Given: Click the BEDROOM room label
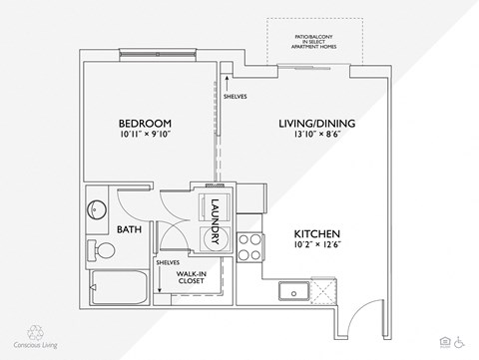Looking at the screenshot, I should point(147,124).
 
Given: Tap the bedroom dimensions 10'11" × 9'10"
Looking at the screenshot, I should point(147,138).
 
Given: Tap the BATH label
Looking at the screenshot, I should point(130,228).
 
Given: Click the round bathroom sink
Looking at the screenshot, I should point(98,210).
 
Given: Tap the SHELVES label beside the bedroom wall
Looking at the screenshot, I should point(236,97).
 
